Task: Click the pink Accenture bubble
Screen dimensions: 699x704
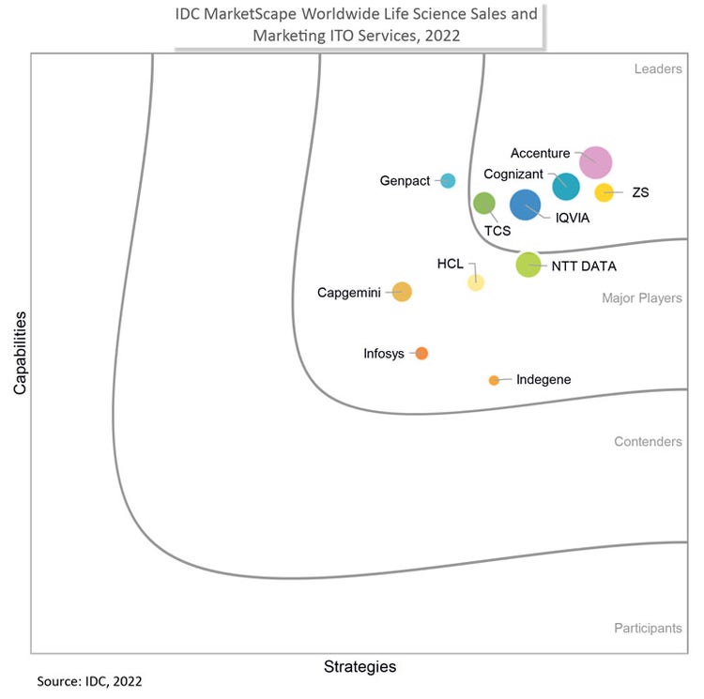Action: coord(595,162)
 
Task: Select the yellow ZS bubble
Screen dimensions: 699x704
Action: coord(604,192)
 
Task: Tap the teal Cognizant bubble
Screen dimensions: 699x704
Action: coord(565,186)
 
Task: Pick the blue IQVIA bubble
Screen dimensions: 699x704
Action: coord(525,205)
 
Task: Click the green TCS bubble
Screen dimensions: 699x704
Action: coord(483,203)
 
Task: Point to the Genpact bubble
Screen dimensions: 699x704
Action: coord(448,180)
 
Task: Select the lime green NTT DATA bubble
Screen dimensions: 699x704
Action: coord(528,265)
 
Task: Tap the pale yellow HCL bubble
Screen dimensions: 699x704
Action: coord(476,282)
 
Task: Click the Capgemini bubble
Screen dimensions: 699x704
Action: coord(402,292)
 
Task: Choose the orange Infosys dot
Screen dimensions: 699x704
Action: coord(421,354)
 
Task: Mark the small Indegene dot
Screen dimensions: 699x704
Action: coord(494,380)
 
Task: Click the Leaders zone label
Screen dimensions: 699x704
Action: coord(658,68)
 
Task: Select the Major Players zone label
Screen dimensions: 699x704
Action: coord(642,298)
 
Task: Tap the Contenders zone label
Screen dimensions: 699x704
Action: coord(648,441)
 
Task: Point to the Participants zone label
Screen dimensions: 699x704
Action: coord(648,628)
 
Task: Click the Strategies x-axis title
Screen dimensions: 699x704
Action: coord(360,667)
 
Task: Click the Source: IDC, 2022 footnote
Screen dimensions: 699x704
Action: coord(90,681)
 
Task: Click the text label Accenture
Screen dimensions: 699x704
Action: coord(540,152)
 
